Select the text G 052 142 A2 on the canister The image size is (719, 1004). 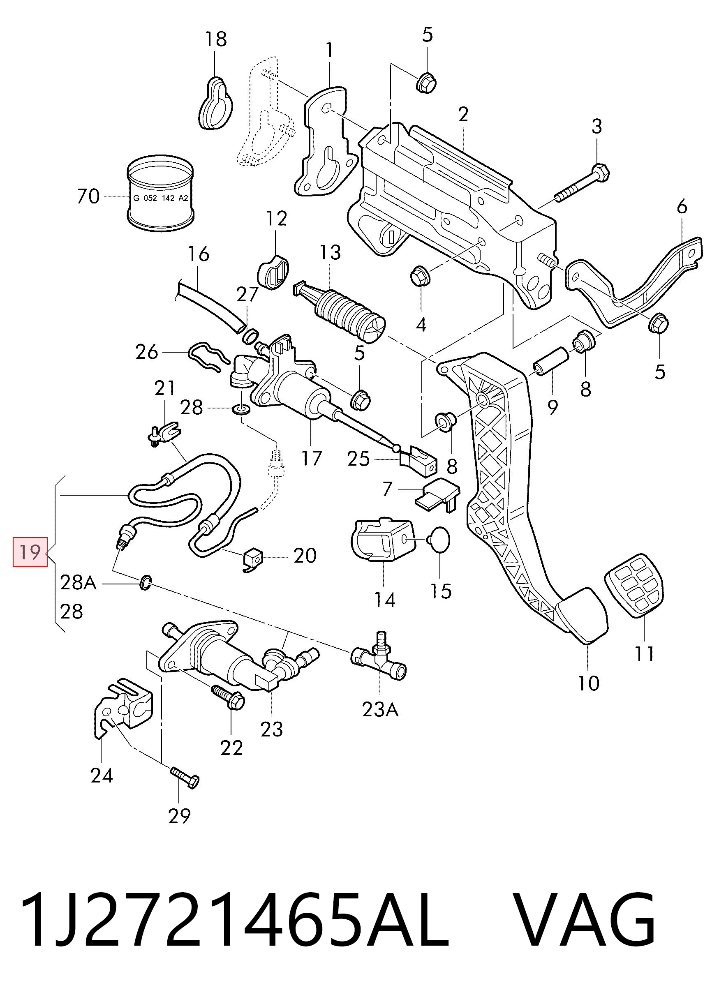click(x=161, y=198)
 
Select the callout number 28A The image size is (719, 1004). click(x=78, y=583)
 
